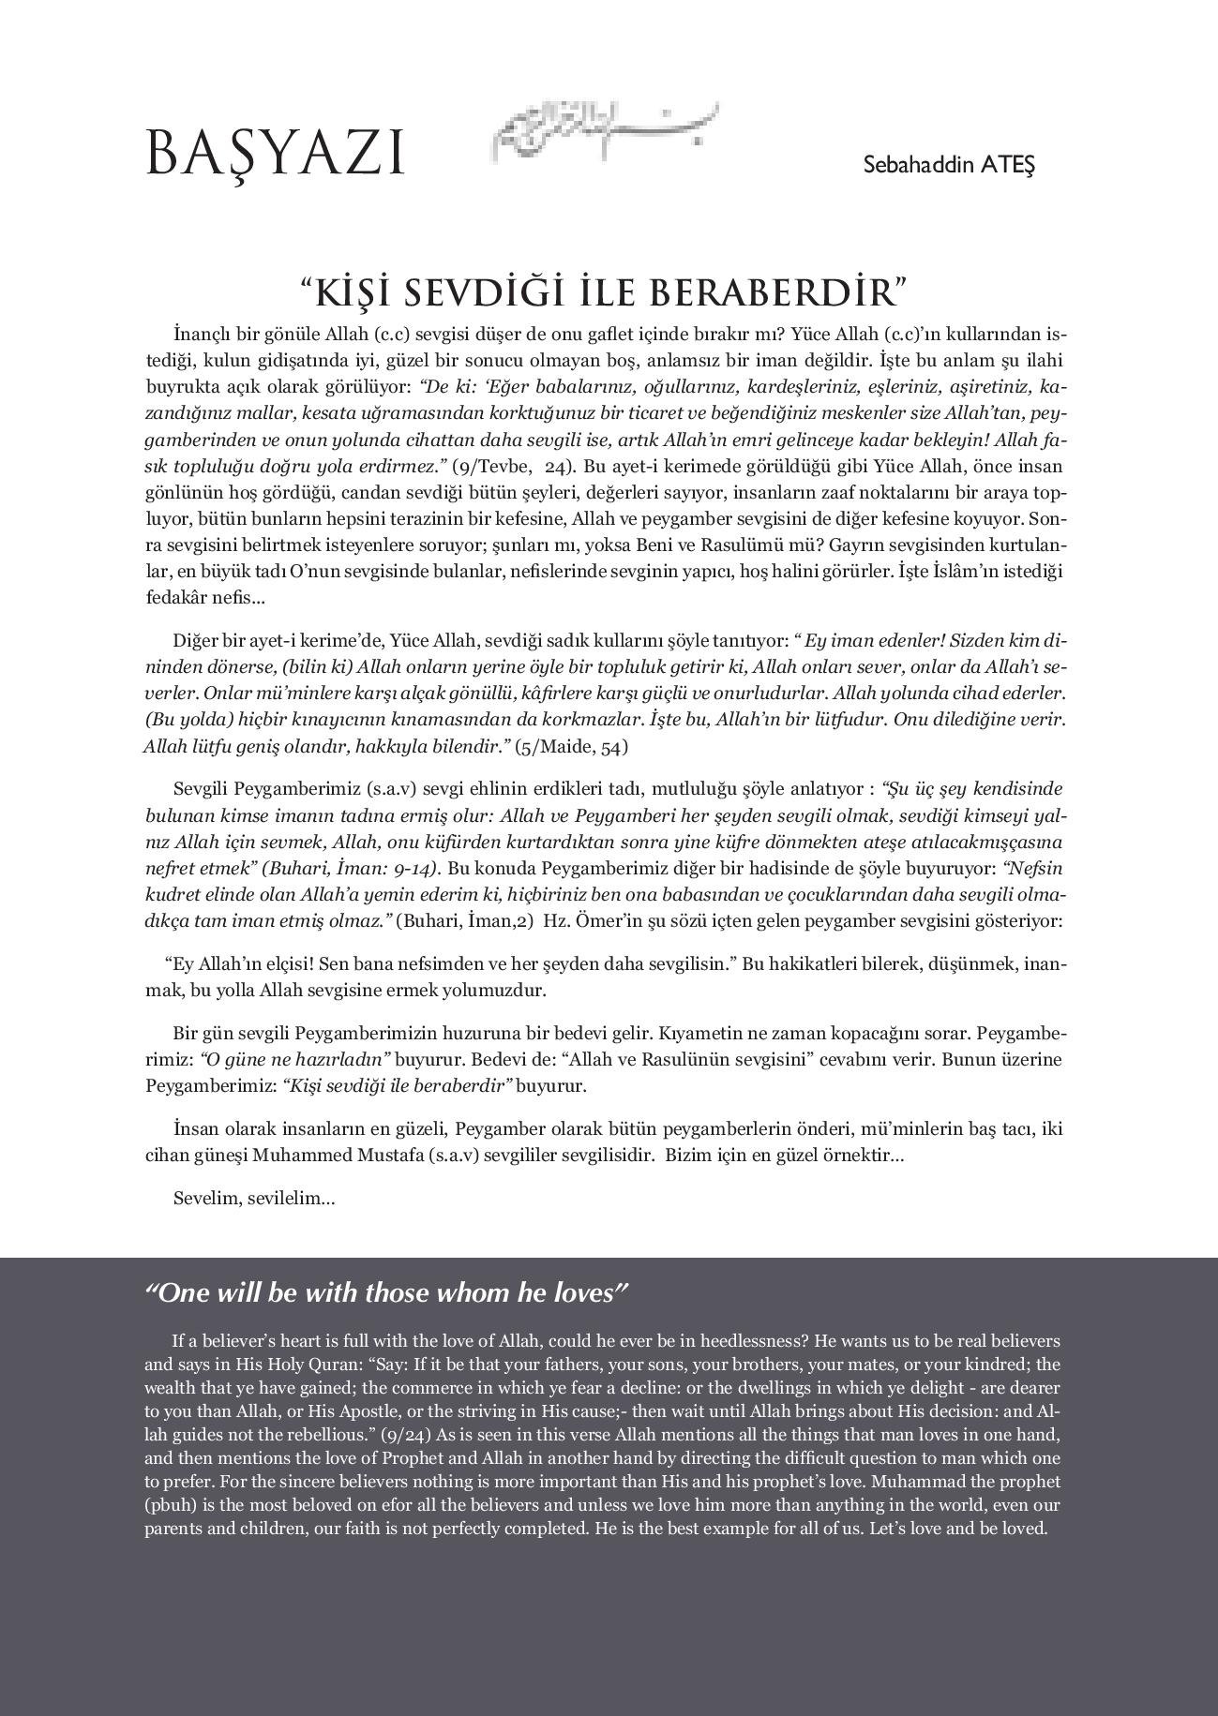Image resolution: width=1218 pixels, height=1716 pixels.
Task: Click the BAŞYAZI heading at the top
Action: tap(274, 155)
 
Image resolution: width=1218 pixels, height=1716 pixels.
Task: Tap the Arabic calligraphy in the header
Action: tap(605, 132)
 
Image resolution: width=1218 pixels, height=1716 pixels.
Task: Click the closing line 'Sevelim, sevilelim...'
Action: tap(254, 1199)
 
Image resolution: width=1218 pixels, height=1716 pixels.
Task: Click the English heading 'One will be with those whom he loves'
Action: tap(385, 1294)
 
